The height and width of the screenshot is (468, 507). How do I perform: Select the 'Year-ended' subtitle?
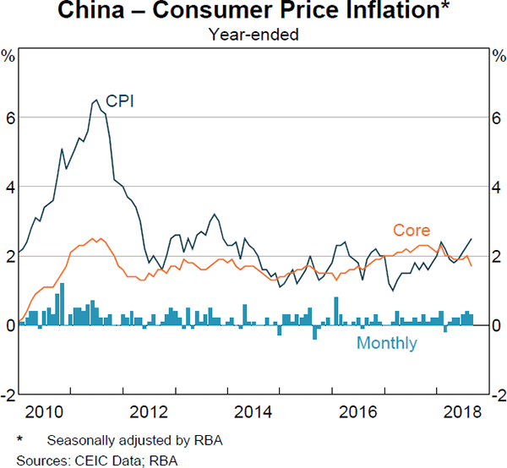pos(253,35)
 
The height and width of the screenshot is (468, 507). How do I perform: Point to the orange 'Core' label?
pos(412,230)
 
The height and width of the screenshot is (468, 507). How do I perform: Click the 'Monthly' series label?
pos(386,343)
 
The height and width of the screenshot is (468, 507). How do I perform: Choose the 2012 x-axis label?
pos(150,413)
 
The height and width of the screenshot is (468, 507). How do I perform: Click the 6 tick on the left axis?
pos(9,117)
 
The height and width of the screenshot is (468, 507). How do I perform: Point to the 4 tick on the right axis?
pos(498,187)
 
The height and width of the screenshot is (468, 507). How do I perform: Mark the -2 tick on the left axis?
pos(8,395)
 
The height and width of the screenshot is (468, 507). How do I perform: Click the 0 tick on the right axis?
pos(498,325)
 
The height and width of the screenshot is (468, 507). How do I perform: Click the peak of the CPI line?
pos(95,100)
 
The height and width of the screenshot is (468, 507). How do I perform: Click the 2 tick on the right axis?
pos(498,256)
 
